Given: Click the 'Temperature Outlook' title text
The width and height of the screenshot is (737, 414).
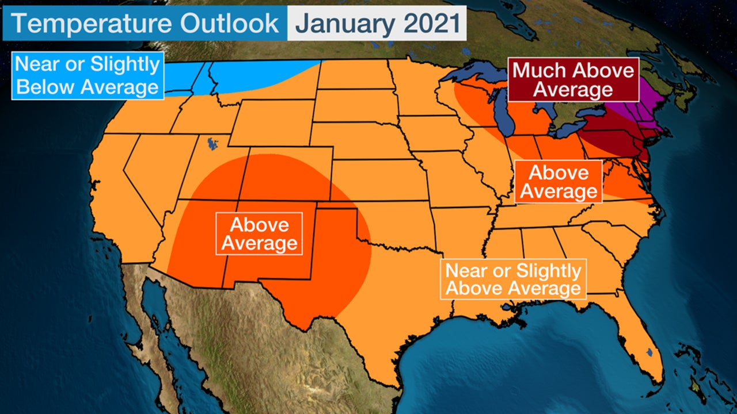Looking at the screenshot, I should tap(145, 24).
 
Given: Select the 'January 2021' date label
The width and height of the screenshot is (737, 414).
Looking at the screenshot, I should tap(377, 24).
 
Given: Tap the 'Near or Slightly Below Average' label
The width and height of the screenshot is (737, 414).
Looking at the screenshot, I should tap(88, 75).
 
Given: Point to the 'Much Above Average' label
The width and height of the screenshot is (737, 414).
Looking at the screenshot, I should tap(573, 79).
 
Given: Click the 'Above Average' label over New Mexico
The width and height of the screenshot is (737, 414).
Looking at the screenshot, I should tap(259, 233).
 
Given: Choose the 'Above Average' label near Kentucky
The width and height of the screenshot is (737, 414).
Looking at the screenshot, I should tap(559, 182).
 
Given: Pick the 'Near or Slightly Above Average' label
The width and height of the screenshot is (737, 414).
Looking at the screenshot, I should tap(513, 279).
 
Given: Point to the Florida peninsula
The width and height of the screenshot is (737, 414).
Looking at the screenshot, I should tap(642, 339).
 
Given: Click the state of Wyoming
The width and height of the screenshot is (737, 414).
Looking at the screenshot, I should tap(271, 124).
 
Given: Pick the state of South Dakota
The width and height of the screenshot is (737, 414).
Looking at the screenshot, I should tap(351, 106).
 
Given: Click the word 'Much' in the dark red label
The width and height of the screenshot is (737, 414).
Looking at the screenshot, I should tap(538, 71).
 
